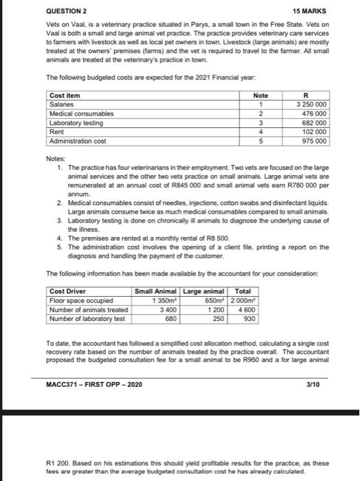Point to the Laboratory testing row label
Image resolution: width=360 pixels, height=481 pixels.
coord(77,122)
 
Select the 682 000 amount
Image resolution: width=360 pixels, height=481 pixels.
coord(315,122)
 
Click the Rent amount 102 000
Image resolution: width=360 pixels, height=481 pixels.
coord(315,131)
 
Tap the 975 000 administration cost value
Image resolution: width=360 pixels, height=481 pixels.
coord(315,140)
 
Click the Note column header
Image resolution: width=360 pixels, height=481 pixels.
coord(260,95)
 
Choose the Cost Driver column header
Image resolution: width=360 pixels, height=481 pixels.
coord(67,291)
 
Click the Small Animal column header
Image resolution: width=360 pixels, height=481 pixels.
coord(156,291)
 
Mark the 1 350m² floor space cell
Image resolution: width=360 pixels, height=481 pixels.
coord(163,300)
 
